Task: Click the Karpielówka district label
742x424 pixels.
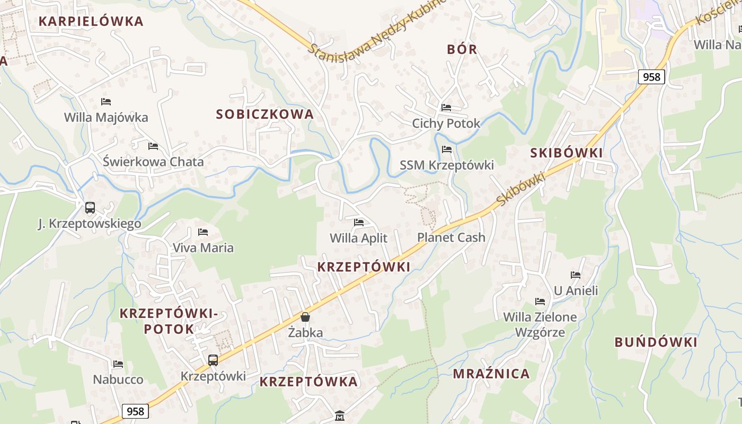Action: pyautogui.click(x=91, y=21)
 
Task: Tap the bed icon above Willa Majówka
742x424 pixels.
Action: pyautogui.click(x=106, y=101)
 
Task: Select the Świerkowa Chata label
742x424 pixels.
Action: pyautogui.click(x=153, y=162)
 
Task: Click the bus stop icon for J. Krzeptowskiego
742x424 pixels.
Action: pyautogui.click(x=90, y=207)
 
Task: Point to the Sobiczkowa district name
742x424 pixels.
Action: pyautogui.click(x=265, y=114)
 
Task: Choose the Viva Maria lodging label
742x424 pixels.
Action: pyautogui.click(x=203, y=248)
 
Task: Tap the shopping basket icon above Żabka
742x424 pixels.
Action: pyautogui.click(x=305, y=317)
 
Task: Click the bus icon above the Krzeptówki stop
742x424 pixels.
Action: pyautogui.click(x=213, y=360)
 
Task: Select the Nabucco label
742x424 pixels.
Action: pyautogui.click(x=118, y=379)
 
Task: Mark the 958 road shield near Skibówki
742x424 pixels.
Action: pyautogui.click(x=651, y=77)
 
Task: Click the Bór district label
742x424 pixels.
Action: pyautogui.click(x=462, y=49)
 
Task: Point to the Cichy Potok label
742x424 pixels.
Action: pyautogui.click(x=446, y=123)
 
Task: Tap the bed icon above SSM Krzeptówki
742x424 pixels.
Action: pyautogui.click(x=447, y=149)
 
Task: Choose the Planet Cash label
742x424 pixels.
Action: pyautogui.click(x=451, y=237)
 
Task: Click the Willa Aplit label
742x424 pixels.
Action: pyautogui.click(x=359, y=238)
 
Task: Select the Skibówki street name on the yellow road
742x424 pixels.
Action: pyautogui.click(x=522, y=189)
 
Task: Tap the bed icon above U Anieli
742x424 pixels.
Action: pyautogui.click(x=576, y=275)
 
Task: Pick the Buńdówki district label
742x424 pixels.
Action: pyautogui.click(x=656, y=342)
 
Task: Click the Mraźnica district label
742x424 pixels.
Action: pyautogui.click(x=491, y=374)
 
